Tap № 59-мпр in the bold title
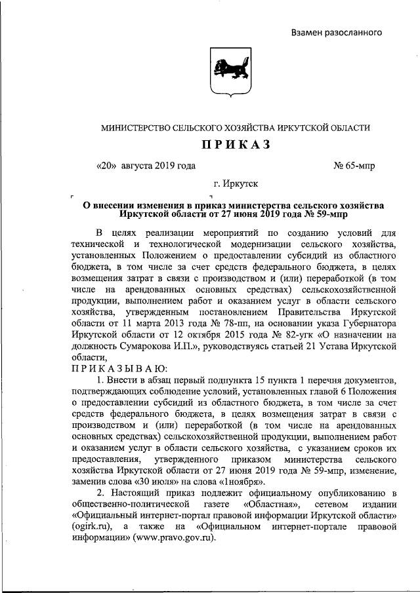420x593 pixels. (x=320, y=214)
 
